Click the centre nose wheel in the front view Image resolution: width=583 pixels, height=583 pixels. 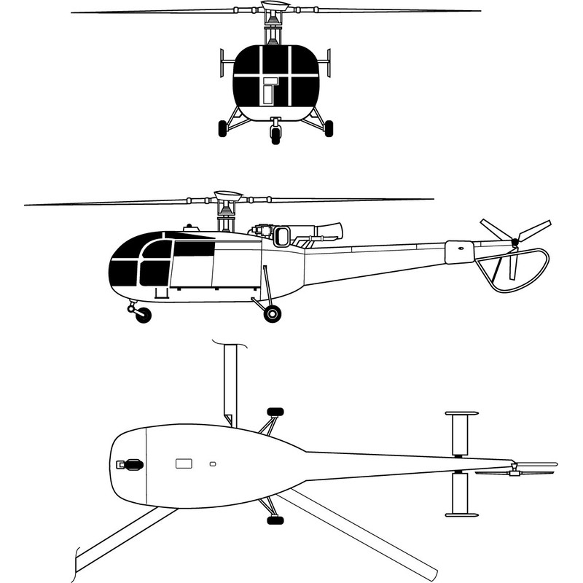[275, 133]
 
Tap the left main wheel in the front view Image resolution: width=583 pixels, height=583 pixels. [222, 129]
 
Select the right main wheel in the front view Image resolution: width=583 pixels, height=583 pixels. [329, 128]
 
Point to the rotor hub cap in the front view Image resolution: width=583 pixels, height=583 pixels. [274, 7]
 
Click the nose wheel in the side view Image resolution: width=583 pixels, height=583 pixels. [144, 315]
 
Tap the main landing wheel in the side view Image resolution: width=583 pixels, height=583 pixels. [272, 314]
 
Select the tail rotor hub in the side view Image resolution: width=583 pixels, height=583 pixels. [515, 241]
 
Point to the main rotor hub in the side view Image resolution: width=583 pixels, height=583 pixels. [228, 196]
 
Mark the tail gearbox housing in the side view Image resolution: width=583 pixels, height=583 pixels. [459, 251]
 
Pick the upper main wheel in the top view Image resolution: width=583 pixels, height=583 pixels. [275, 412]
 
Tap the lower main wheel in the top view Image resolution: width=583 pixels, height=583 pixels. [275, 520]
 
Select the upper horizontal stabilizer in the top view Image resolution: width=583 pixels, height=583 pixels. [461, 434]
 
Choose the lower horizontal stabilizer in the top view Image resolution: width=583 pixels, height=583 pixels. [461, 494]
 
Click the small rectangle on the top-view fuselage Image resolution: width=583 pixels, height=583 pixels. [184, 463]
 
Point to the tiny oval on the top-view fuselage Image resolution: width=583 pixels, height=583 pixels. [213, 463]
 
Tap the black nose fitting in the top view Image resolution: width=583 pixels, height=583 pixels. [132, 464]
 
